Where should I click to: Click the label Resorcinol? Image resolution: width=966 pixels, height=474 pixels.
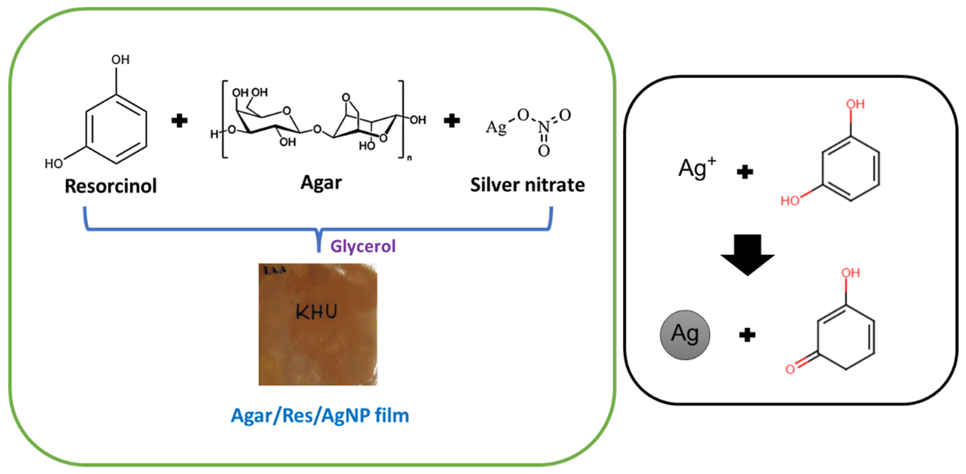click(111, 186)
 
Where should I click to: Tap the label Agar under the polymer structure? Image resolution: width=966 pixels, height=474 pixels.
click(321, 183)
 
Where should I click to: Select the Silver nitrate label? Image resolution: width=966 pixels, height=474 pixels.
click(527, 185)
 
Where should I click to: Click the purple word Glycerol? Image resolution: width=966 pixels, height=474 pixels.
click(363, 247)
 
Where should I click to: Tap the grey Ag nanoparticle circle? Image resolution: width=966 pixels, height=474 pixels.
click(685, 335)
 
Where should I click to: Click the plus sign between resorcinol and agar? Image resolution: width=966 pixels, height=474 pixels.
click(179, 121)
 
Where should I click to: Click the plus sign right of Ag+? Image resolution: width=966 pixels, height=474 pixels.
click(745, 172)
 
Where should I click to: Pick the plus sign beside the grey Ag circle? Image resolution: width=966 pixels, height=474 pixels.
click(747, 335)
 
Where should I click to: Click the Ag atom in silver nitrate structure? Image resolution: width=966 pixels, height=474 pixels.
click(496, 128)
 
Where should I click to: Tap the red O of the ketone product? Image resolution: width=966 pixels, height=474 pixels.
click(790, 369)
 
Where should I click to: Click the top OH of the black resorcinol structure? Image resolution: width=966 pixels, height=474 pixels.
click(120, 60)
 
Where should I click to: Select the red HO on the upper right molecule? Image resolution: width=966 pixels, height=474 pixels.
click(790, 201)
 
